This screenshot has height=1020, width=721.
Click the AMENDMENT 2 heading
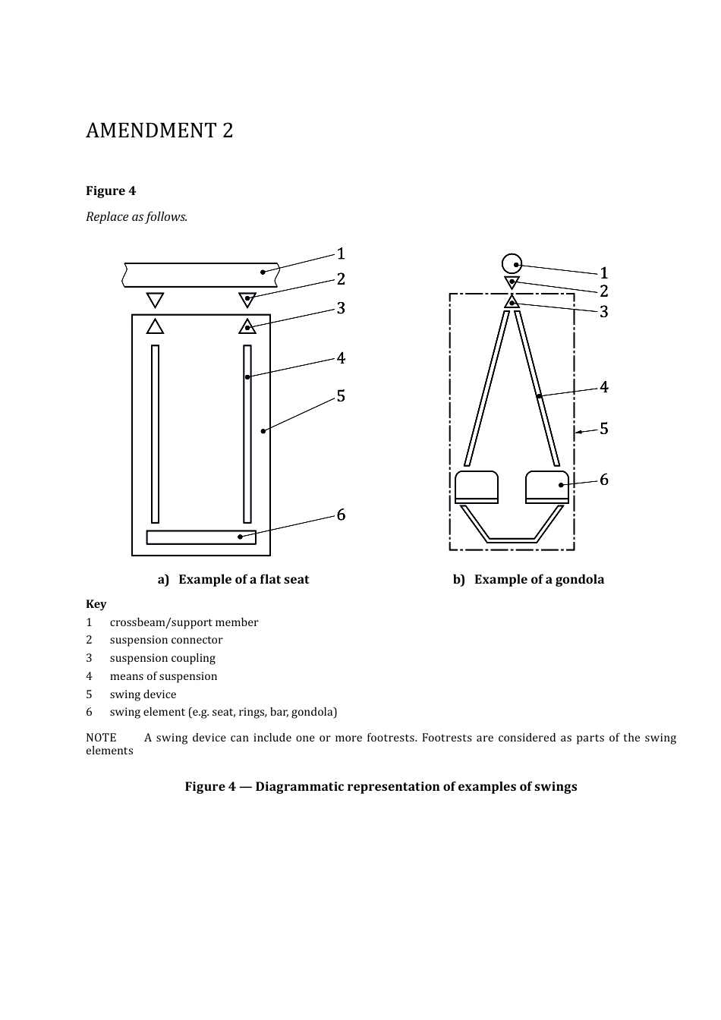[159, 131]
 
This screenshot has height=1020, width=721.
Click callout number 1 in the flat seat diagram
[341, 253]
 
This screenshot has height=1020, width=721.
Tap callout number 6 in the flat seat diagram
[341, 515]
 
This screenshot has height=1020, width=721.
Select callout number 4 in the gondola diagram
[604, 387]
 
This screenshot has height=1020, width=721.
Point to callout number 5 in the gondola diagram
[604, 429]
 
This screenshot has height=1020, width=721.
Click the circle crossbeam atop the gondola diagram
[512, 263]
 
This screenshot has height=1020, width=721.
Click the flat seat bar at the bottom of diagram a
[201, 537]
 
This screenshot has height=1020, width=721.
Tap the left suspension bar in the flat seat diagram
[156, 434]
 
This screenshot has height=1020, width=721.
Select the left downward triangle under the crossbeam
[156, 298]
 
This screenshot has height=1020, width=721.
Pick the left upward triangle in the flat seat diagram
[156, 326]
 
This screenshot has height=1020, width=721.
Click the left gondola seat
[477, 486]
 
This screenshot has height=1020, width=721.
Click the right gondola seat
[547, 486]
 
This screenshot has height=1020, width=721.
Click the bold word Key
[96, 604]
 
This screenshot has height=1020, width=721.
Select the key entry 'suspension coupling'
[162, 658]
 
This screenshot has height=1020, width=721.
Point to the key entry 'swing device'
[143, 694]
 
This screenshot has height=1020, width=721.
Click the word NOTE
[101, 738]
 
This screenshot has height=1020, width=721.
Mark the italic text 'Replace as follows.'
[137, 217]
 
